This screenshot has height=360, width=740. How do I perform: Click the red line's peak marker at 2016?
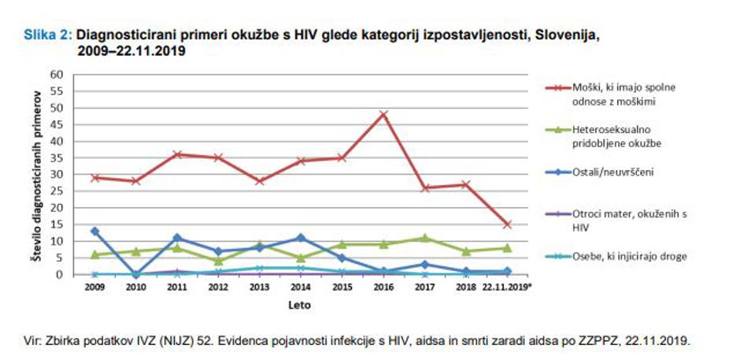pos(383,114)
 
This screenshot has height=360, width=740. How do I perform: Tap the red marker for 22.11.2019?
pos(508,225)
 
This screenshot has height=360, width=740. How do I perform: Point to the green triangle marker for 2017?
pos(425,238)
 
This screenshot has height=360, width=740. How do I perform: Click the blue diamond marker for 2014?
pos(301,238)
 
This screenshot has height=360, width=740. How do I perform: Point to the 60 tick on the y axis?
pos(56,74)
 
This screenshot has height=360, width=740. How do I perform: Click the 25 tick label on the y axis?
pos(56,191)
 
